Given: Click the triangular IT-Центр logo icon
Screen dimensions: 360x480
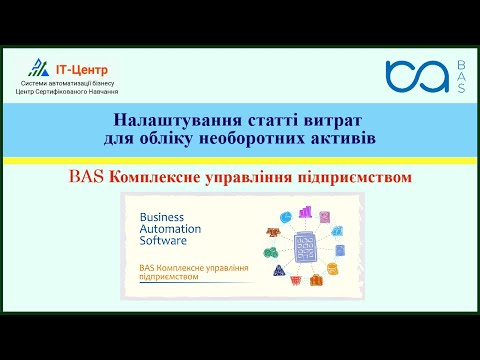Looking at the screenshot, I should [x=39, y=67].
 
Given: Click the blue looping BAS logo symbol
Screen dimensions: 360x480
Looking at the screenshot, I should [x=415, y=78].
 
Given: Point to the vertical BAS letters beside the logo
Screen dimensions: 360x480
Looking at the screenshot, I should [x=460, y=78].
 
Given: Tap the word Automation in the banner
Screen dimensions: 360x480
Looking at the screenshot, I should [x=170, y=229].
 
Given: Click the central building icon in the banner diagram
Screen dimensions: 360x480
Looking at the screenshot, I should [x=308, y=243].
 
